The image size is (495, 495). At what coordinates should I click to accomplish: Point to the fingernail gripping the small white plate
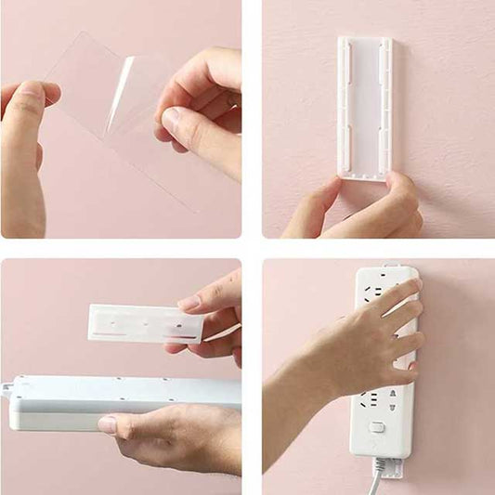(x=189, y=304)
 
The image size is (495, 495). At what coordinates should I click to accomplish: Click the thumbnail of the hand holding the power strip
(x=108, y=424)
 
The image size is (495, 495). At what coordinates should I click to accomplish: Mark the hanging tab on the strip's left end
(x=7, y=390)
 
